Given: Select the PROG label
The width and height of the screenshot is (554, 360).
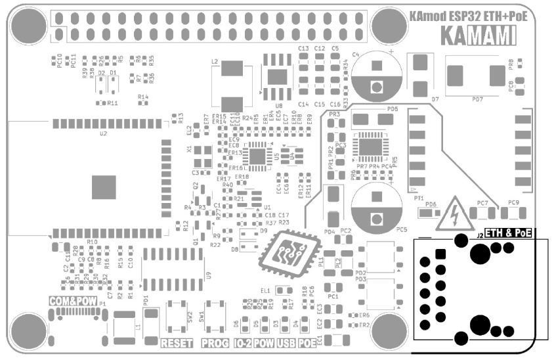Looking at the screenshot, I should point(214,343).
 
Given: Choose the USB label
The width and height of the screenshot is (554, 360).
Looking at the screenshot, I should point(285,343).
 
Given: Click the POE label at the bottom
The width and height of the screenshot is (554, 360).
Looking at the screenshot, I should point(307,343).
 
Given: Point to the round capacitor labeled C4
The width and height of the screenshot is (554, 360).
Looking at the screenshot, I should point(376,72).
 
